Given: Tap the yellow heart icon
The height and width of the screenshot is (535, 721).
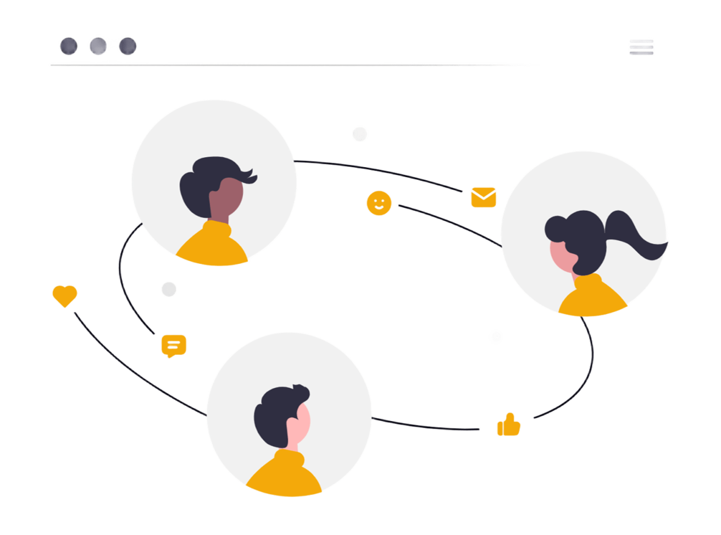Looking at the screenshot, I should tap(65, 295).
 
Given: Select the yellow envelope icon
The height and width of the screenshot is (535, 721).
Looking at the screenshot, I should tap(484, 197).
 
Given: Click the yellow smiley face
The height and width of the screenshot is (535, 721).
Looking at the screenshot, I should tap(379, 203).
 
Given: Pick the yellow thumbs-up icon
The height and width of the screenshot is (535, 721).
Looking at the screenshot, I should tap(508, 425).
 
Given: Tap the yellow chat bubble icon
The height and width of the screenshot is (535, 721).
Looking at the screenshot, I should tap(174, 346).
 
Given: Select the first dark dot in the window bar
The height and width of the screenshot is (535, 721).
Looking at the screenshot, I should tap(69, 46).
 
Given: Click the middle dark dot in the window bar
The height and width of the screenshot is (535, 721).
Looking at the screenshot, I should tap(98, 46).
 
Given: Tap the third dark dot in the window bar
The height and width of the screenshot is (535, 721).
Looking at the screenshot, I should tap(127, 46).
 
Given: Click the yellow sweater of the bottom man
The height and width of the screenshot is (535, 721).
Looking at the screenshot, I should tap(283, 476).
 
